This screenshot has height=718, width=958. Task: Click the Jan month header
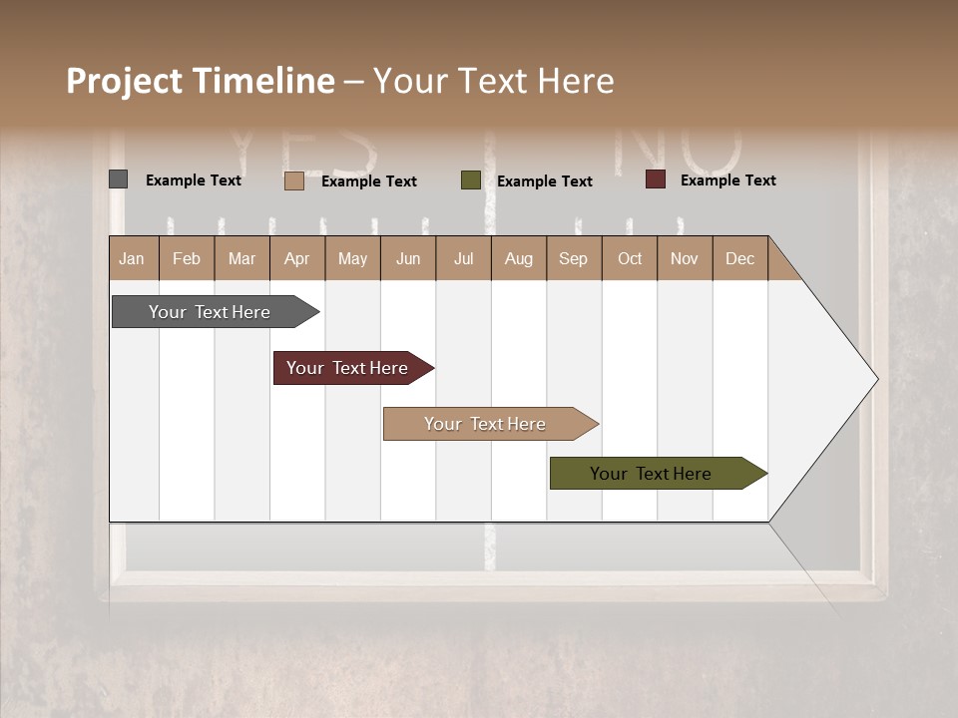tap(133, 258)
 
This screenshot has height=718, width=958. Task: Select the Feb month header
tap(187, 258)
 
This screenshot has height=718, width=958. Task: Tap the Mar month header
tap(241, 258)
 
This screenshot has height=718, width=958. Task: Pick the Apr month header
tap(297, 258)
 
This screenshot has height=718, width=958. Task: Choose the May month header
tap(352, 258)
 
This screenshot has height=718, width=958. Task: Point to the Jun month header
tap(408, 258)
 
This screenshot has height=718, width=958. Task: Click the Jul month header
tap(463, 258)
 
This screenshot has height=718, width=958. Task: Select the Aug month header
tap(518, 258)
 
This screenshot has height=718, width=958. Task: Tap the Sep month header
tap(574, 258)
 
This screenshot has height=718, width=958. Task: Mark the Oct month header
tap(630, 258)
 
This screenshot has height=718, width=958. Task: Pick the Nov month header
tap(685, 258)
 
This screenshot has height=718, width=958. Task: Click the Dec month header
tap(739, 258)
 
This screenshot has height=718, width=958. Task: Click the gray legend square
tap(118, 179)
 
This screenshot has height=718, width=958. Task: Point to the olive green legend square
tap(471, 180)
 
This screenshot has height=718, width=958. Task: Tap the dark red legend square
tap(656, 179)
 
